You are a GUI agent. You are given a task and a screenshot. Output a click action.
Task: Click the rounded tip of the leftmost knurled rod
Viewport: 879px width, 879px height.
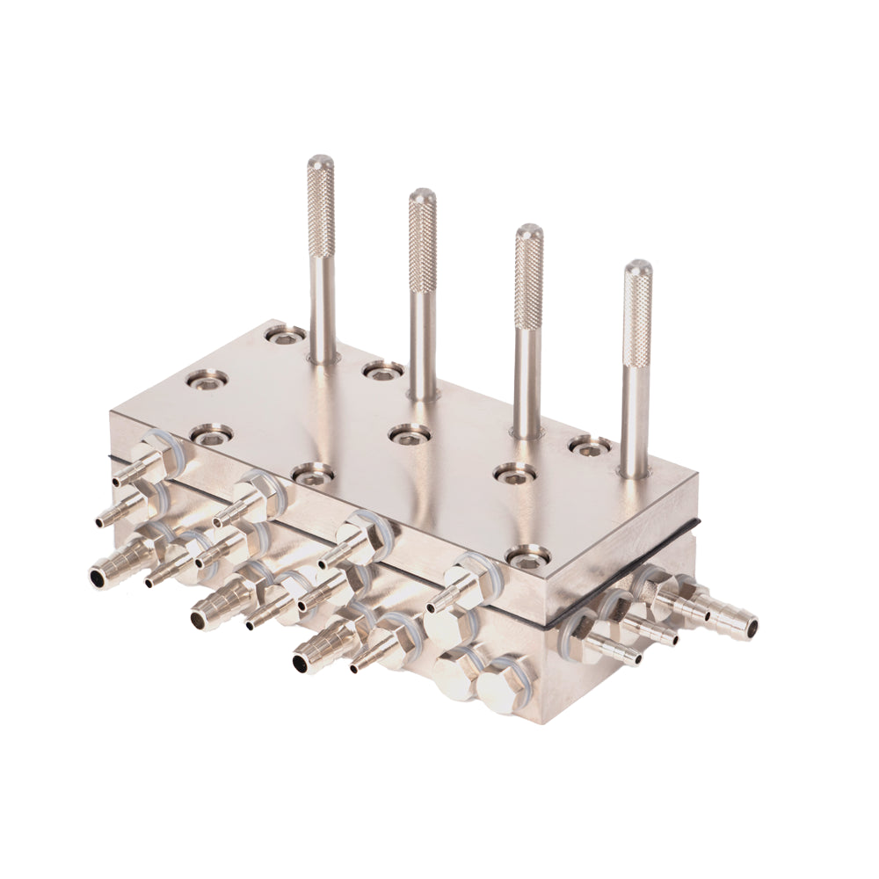click(321, 163)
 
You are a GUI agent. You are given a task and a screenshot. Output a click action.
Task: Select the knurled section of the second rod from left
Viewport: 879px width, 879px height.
click(423, 242)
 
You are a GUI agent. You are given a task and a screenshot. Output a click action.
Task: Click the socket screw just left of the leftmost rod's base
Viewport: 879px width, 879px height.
click(285, 335)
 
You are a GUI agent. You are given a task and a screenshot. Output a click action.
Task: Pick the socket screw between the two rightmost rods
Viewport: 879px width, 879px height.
click(590, 446)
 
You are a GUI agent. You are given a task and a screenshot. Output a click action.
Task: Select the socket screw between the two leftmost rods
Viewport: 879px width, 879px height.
click(383, 370)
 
